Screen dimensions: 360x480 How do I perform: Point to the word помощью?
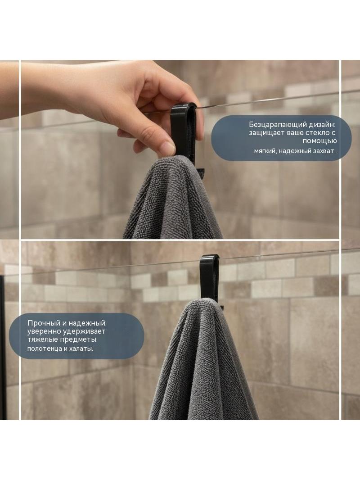(x=319, y=141)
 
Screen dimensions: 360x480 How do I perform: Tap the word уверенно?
(x=45, y=331)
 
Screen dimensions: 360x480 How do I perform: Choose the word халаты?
(x=81, y=349)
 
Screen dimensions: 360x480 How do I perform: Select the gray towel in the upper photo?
(x=173, y=199)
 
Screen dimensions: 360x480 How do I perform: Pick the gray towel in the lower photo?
(x=203, y=361)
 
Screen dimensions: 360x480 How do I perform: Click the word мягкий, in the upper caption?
(x=265, y=151)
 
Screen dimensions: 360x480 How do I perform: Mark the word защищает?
(x=266, y=133)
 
